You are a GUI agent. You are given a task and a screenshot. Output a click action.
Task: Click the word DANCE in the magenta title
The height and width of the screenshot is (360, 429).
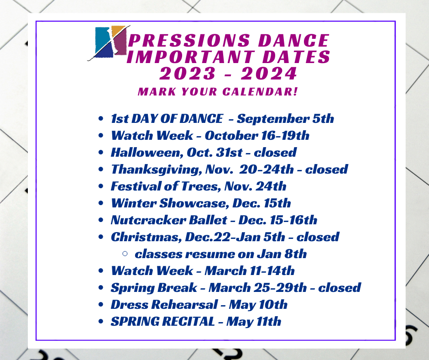click(x=293, y=40)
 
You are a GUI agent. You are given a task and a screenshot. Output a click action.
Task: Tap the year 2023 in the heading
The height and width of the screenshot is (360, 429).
click(x=188, y=74)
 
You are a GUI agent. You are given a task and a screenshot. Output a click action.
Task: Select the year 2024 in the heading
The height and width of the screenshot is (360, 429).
click(x=269, y=74)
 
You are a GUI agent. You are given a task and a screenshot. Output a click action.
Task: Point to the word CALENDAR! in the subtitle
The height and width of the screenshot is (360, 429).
click(x=260, y=91)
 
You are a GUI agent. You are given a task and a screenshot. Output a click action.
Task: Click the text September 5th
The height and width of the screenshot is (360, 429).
click(x=285, y=119)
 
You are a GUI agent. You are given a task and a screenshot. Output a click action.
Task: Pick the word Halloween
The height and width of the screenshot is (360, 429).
click(x=147, y=153)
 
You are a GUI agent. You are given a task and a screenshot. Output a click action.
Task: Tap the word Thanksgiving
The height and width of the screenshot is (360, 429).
click(x=156, y=169)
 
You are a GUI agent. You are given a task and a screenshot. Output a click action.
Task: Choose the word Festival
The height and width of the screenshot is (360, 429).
click(x=136, y=186)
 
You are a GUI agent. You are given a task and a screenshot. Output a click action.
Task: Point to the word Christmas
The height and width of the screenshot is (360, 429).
click(x=146, y=237)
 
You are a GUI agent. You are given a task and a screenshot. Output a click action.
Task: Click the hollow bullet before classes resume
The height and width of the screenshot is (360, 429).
click(x=125, y=254)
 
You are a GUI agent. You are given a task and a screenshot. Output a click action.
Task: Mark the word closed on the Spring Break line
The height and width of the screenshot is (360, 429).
click(x=340, y=288)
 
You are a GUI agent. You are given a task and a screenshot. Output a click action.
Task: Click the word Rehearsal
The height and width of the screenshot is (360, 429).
click(x=185, y=305)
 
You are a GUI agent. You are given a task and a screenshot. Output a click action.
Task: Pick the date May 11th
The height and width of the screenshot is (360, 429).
click(x=254, y=322)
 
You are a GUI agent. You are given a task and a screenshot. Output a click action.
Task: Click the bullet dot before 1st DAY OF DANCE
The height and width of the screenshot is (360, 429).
click(x=101, y=119)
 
